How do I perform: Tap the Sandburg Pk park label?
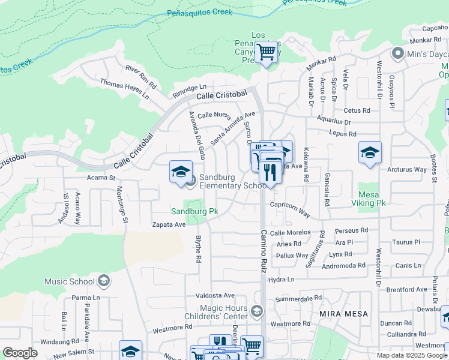[194, 212]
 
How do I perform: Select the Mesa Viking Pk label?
[372, 199]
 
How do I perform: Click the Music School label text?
[70, 281]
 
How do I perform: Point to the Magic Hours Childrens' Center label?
[223, 312]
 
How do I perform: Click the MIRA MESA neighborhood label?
[343, 314]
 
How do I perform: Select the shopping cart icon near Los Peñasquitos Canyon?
[266, 52]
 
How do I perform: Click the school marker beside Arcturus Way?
[370, 152]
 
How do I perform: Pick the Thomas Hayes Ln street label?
[124, 88]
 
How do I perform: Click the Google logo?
[20, 353]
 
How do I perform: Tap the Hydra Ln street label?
[282, 280]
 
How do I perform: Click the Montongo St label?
[122, 205]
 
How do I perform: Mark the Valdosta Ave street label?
[215, 295]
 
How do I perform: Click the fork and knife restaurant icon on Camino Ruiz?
[270, 172]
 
